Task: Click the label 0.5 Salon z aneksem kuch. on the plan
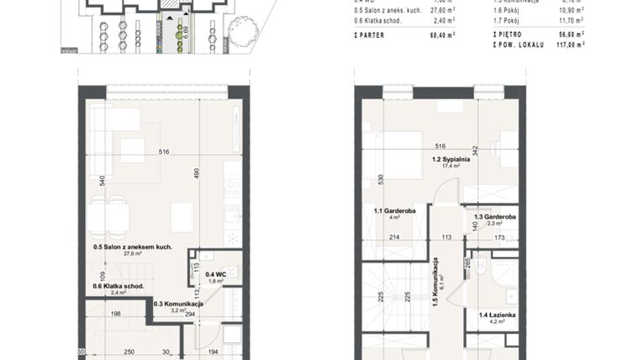tap(133, 247)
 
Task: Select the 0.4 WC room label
tap(215, 273)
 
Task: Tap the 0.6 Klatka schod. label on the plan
tap(119, 286)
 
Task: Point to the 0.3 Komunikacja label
tap(179, 304)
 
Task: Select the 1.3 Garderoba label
tap(494, 216)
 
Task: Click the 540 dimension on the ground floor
tap(102, 180)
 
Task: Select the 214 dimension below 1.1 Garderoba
tap(393, 238)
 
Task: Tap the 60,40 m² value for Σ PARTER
tap(442, 35)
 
